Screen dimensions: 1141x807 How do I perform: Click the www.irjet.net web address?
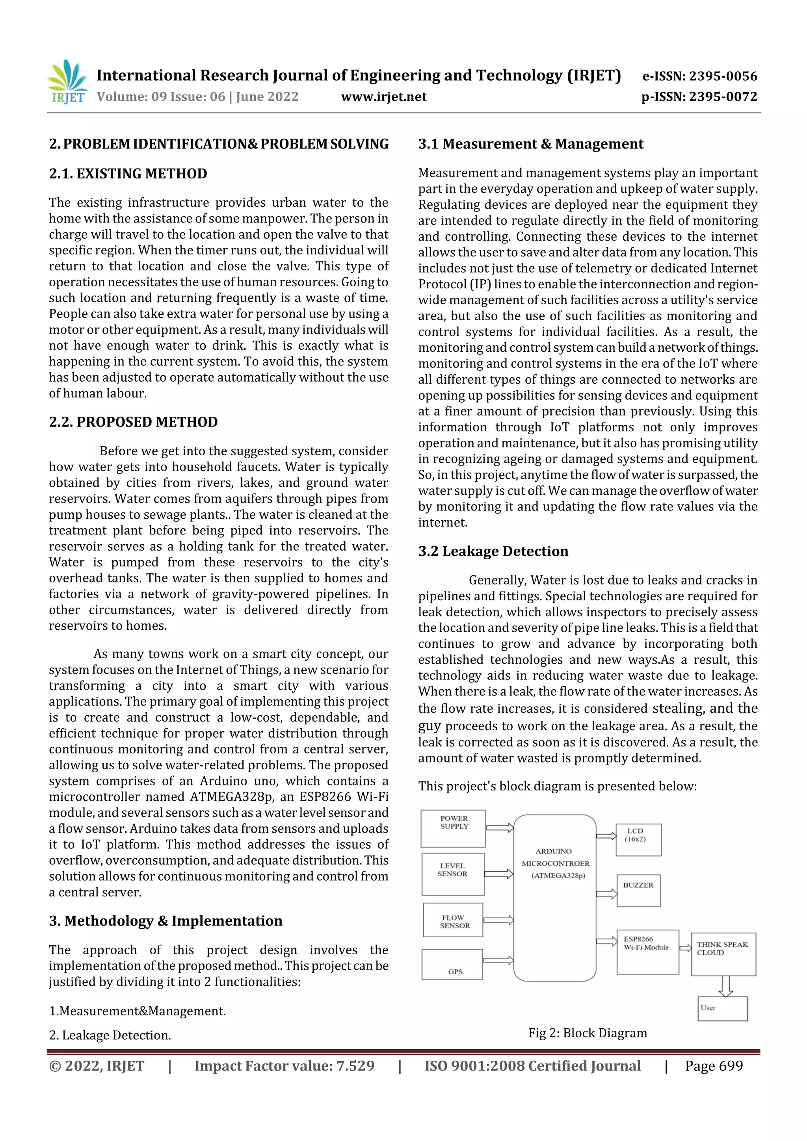click(383, 97)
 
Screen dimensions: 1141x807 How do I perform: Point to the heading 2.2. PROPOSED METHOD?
click(133, 422)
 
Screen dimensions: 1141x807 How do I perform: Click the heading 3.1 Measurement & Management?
click(530, 144)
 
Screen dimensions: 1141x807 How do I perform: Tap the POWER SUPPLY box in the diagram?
click(453, 828)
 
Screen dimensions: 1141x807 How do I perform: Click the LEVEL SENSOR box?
click(452, 874)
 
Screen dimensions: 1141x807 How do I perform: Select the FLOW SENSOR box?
click(453, 920)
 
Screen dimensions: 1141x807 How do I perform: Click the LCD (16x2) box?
click(638, 839)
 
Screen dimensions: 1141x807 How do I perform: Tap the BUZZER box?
click(638, 891)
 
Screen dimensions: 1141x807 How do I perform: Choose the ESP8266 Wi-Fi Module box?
click(647, 952)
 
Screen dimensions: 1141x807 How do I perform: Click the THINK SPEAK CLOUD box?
click(723, 954)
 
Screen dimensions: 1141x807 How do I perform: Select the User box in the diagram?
click(722, 1008)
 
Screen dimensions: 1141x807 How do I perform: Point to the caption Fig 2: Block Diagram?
click(587, 1033)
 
